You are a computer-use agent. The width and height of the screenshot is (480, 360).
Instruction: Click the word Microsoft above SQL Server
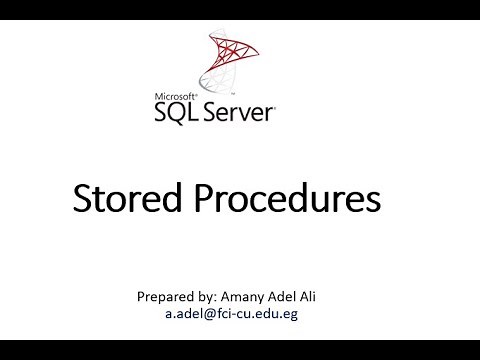click(173, 98)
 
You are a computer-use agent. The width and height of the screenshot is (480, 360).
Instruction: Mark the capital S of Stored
click(83, 199)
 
